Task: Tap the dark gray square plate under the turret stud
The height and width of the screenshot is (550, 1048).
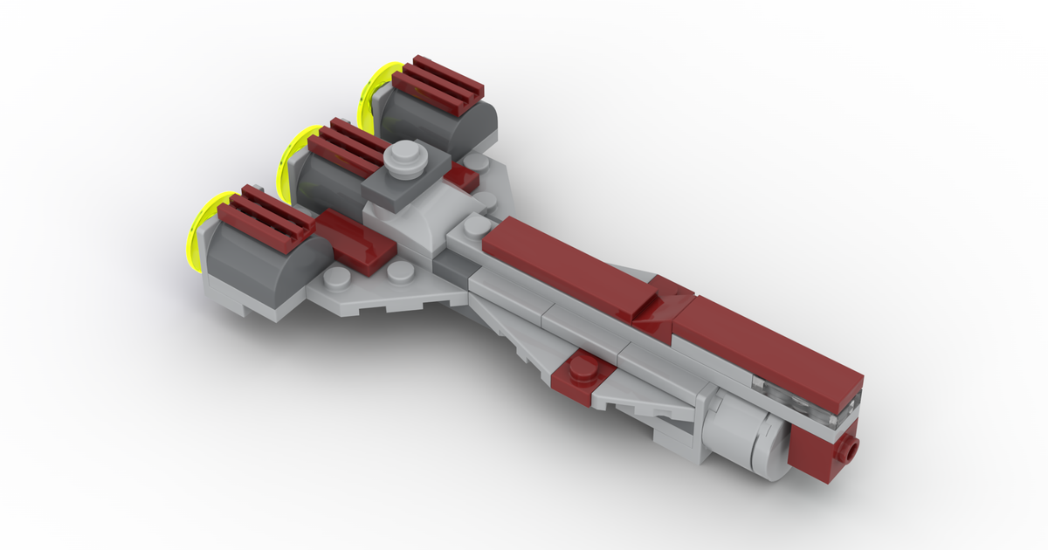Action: (x=397, y=184)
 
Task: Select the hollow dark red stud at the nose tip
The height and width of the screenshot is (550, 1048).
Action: (x=846, y=452)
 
